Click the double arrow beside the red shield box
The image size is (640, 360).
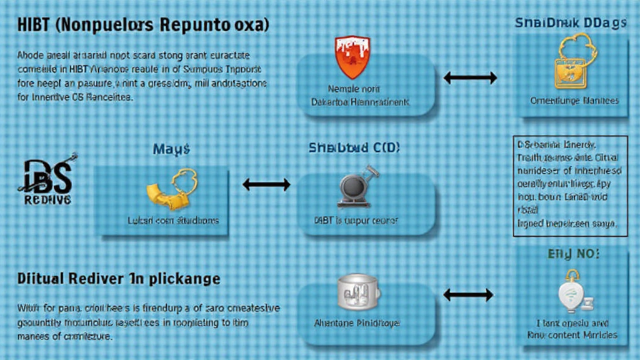[469, 78]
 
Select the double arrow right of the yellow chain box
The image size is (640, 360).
[266, 184]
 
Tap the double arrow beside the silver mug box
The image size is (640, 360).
[468, 293]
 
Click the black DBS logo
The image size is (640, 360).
[46, 181]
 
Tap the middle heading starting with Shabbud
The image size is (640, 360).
[354, 148]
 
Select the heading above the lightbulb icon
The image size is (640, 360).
[574, 254]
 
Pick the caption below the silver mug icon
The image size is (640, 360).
[357, 324]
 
